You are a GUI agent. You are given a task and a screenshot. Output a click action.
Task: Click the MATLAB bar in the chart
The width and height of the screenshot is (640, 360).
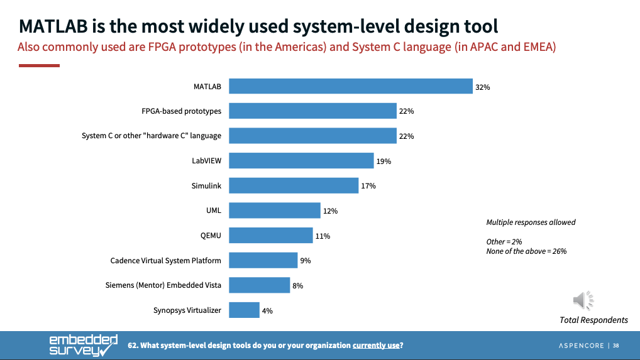tap(350, 86)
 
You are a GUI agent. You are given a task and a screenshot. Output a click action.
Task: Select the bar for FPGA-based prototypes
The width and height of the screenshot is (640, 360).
tap(312, 111)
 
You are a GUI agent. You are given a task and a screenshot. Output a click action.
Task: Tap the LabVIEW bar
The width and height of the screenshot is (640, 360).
tap(301, 161)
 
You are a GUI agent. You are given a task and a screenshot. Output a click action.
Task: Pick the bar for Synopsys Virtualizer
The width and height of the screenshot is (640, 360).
tap(244, 310)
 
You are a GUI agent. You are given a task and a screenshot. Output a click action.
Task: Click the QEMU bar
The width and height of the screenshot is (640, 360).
tap(271, 236)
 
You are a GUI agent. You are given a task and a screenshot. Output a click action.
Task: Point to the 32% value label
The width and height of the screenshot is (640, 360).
tap(483, 87)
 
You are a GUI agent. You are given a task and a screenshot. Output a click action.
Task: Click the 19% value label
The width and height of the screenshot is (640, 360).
tap(383, 161)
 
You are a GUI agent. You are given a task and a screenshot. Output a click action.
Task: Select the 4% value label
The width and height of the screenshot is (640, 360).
tap(268, 310)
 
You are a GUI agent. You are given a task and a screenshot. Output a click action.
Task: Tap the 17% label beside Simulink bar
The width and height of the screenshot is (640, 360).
tap(368, 186)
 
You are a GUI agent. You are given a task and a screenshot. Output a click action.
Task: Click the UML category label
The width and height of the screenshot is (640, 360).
tap(214, 210)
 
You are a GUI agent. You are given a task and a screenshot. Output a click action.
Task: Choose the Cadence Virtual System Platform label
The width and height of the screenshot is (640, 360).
tap(166, 260)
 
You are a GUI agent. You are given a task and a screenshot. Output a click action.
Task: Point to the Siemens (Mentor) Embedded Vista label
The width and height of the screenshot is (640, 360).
tap(163, 285)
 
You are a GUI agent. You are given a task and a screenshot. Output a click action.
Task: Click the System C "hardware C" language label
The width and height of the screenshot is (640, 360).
tap(152, 136)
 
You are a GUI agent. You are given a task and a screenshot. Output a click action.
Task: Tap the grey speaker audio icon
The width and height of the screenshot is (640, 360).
tap(584, 300)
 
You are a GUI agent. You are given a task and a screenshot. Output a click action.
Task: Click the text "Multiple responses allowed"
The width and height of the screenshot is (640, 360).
tap(531, 222)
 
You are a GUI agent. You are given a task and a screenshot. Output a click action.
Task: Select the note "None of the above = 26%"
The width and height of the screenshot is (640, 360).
tap(526, 251)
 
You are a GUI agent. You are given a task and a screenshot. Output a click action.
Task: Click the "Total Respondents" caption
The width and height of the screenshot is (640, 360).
tap(593, 320)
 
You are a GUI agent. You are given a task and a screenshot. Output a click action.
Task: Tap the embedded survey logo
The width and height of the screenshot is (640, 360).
tap(83, 345)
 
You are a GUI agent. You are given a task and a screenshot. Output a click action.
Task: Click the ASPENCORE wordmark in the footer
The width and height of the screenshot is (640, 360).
tap(582, 346)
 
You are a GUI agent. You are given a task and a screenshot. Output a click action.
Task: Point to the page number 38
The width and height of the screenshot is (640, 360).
tap(616, 346)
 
